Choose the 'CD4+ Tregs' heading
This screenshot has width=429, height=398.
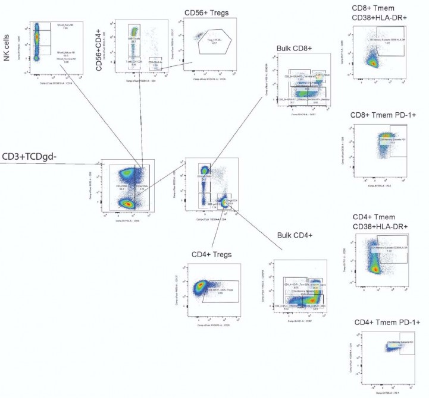click(212, 255)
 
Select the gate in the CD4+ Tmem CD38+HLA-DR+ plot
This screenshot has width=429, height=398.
click(391, 249)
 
